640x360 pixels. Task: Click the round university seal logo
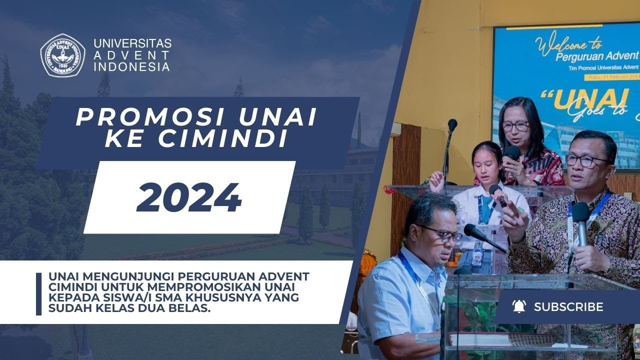click(62, 55)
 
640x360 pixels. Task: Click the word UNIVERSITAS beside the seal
click(132, 43)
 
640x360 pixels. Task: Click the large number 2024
click(189, 198)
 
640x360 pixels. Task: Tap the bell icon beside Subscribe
click(519, 306)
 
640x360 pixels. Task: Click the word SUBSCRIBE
click(568, 307)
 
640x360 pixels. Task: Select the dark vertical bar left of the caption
click(39, 293)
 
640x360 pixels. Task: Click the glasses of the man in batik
click(585, 161)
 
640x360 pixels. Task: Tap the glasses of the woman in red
click(514, 125)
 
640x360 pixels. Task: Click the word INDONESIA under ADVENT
click(131, 66)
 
